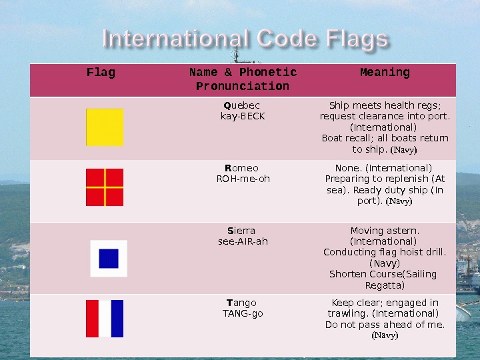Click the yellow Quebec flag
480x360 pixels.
(105, 127)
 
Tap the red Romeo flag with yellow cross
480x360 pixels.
(105, 187)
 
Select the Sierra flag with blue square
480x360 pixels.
(109, 258)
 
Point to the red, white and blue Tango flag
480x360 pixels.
(105, 319)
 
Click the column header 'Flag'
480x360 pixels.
(101, 73)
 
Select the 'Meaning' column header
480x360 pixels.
(385, 73)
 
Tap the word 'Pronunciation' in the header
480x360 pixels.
(243, 87)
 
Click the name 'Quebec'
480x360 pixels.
(242, 105)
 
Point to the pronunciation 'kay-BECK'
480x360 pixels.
(243, 116)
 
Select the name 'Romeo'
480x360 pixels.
(242, 168)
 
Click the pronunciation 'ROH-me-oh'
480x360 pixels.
(243, 179)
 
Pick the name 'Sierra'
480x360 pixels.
(242, 231)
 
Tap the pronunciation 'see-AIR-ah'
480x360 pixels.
(243, 241)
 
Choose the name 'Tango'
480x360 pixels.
(243, 303)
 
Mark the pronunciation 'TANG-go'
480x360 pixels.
(243, 313)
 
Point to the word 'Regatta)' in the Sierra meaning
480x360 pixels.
(385, 285)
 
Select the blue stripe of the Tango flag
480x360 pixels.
(117, 319)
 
